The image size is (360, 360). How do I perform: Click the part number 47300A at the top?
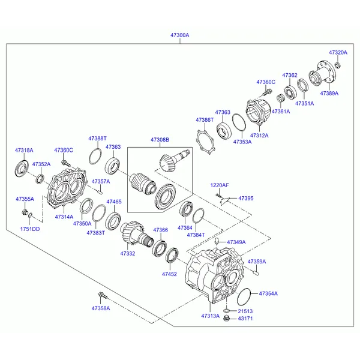[x=179, y=35]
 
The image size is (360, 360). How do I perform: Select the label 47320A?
[x=338, y=53]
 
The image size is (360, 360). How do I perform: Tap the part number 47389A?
[x=329, y=94]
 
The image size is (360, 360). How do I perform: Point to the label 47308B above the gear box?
[x=160, y=140]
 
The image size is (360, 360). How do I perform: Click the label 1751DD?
[x=31, y=229]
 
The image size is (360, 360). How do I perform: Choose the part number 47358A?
[x=101, y=308]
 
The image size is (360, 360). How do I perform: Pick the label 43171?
[x=245, y=319]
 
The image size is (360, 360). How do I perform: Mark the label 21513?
[x=245, y=311]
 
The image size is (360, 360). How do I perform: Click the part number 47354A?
[x=268, y=293]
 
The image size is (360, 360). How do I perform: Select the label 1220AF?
[x=220, y=185]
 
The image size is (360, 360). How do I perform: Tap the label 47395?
[x=246, y=198]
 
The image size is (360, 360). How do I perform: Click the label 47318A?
[x=24, y=150]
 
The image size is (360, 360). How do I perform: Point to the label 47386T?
[x=205, y=120]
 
